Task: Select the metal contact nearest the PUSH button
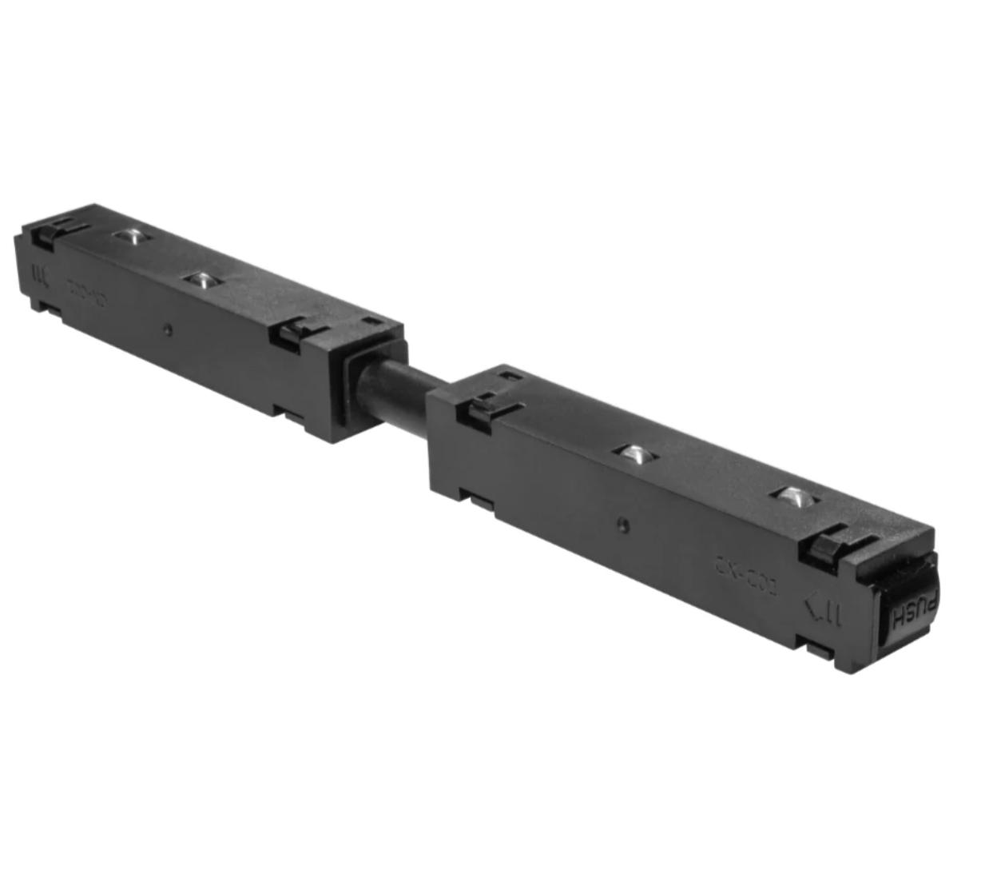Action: click(x=796, y=496)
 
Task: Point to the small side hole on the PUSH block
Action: click(x=622, y=526)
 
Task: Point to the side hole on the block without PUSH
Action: click(x=167, y=329)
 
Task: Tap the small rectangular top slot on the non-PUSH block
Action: click(x=371, y=322)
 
